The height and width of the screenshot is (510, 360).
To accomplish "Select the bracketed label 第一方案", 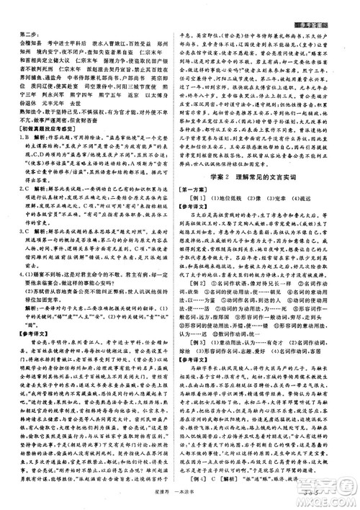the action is click(x=194, y=212).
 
